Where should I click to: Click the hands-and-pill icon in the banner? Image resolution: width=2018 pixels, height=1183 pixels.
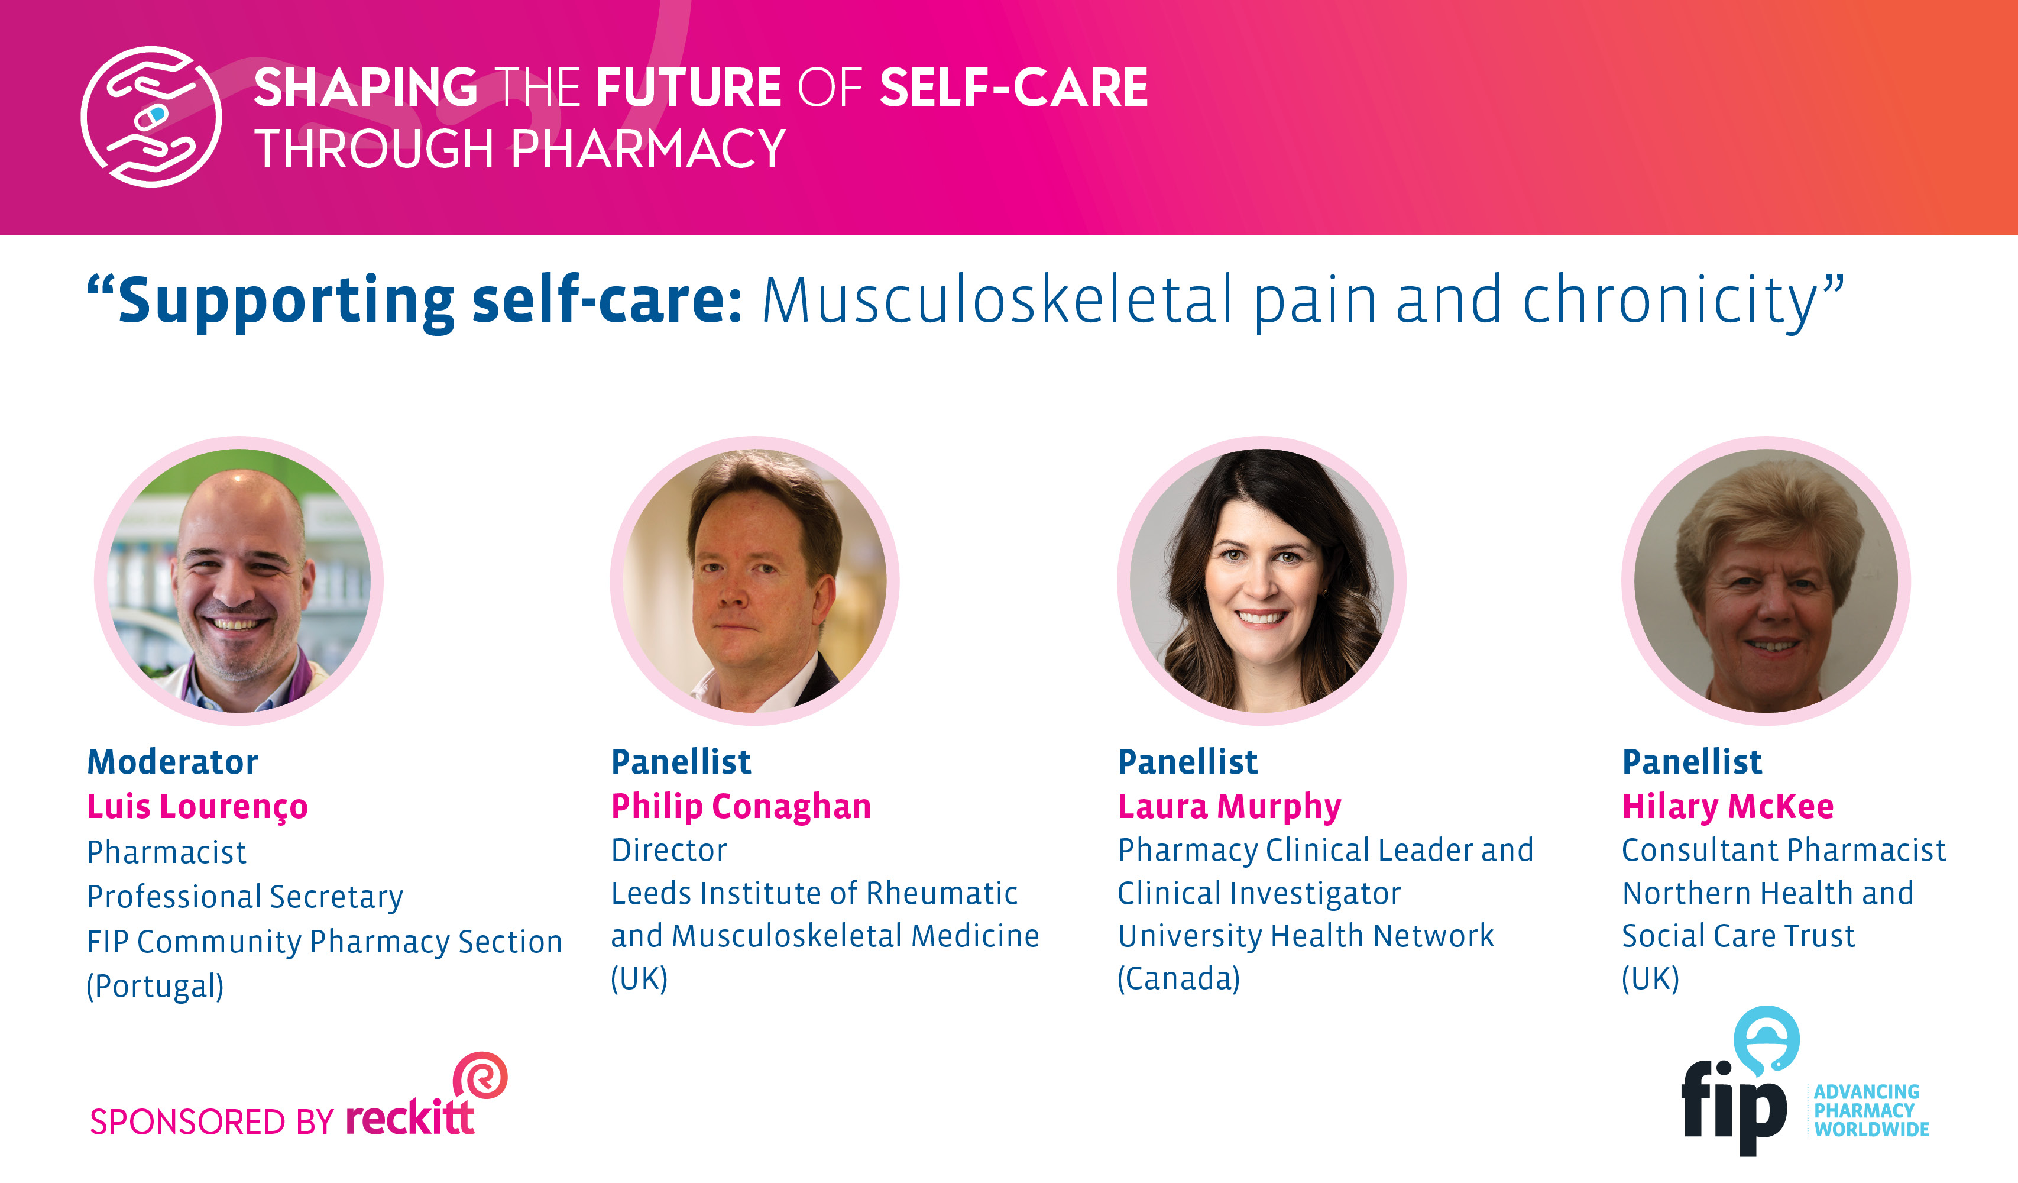point(151,117)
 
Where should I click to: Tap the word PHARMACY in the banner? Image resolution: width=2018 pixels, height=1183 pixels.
point(649,149)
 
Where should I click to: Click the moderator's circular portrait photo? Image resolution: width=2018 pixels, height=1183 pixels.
point(239,581)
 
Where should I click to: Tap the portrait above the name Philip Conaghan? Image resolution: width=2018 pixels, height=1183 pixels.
point(754,581)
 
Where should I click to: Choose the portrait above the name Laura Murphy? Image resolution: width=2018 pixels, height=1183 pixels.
point(1261,581)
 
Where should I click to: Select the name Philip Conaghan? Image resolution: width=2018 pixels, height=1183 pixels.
point(741,807)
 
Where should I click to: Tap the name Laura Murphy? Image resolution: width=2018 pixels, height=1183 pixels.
point(1229,807)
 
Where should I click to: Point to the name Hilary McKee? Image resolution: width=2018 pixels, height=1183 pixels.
point(1727,807)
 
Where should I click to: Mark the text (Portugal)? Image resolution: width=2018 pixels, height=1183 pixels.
point(156,986)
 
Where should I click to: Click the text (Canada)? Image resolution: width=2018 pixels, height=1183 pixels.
point(1179,978)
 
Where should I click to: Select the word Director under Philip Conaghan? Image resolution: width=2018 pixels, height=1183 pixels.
point(669,850)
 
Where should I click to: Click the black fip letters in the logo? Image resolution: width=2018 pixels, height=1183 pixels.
point(1733,1106)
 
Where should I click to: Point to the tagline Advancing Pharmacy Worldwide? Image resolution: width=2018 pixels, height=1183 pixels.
point(1871,1111)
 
